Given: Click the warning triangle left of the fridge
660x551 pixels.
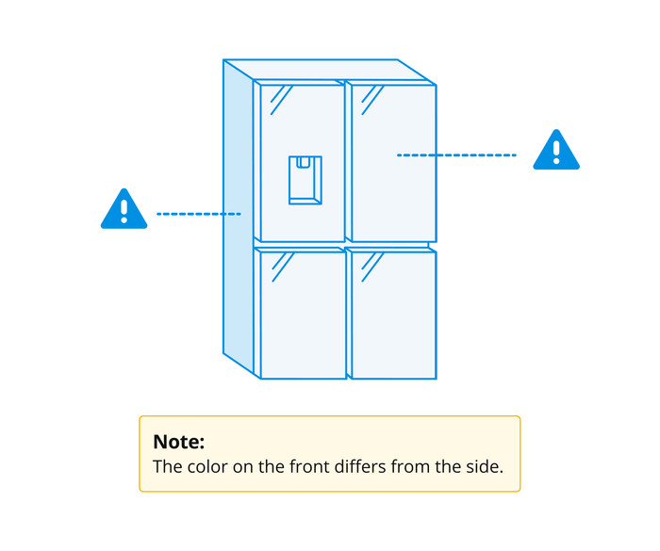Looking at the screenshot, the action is click(124, 209).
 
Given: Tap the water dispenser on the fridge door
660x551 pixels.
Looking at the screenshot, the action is click(305, 180).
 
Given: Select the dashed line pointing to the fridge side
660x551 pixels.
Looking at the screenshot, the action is click(199, 214).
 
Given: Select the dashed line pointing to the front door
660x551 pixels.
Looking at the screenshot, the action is click(456, 155).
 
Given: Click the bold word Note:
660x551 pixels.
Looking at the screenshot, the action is click(179, 442).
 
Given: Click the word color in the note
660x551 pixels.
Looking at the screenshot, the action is click(207, 467).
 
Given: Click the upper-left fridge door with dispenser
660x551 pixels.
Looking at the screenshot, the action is click(303, 163).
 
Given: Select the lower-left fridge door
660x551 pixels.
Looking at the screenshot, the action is click(303, 315).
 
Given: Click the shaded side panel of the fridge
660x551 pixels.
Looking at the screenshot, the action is click(239, 217).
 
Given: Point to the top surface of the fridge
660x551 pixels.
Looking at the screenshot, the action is click(329, 70).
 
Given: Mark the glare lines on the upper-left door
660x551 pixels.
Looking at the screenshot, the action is click(281, 100).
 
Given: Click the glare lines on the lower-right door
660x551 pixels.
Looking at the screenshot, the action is click(372, 267).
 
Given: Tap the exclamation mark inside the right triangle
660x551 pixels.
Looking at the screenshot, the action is click(556, 153).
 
